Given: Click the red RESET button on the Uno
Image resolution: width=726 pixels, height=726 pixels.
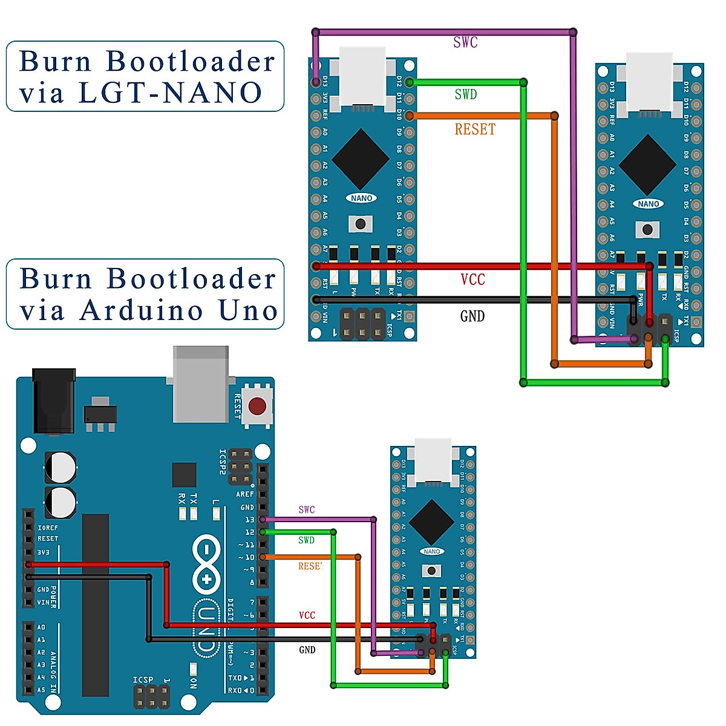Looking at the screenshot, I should point(258,405).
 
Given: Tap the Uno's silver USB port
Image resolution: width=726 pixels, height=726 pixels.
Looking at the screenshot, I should point(201,384).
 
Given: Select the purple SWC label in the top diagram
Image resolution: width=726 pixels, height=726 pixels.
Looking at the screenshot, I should point(465,42).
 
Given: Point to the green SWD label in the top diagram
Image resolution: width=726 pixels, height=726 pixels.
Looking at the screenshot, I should point(466,94).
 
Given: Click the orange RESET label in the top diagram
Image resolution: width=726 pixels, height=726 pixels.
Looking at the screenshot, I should point(475,129).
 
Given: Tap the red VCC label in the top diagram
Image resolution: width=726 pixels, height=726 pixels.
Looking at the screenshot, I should point(473,280).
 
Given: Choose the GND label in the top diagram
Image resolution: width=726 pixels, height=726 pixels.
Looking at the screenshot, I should point(472,316).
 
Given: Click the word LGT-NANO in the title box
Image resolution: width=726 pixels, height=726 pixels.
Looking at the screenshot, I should point(171,93).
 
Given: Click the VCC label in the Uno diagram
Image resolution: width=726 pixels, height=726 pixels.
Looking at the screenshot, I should point(307,615).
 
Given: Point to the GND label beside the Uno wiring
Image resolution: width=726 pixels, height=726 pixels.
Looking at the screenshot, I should point(307,650).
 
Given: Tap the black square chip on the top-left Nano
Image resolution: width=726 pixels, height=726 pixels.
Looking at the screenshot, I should point(361,159).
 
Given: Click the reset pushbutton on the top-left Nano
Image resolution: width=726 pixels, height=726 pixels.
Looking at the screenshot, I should point(361,224).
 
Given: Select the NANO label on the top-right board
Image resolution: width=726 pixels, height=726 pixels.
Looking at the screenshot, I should point(648,204).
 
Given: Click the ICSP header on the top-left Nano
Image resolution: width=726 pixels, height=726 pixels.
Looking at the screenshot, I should point(362,324).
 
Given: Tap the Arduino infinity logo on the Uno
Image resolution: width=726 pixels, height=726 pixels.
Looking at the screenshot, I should point(206,564).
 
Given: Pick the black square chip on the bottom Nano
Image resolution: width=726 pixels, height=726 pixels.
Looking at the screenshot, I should point(431,522).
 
